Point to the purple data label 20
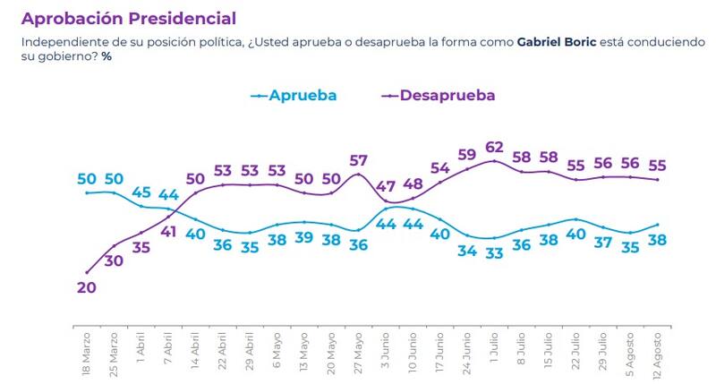coord(87,287)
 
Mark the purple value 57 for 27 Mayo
coord(358,160)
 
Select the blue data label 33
coord(495,253)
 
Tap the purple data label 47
coord(386,187)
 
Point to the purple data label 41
coord(168,232)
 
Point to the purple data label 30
coord(114,260)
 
